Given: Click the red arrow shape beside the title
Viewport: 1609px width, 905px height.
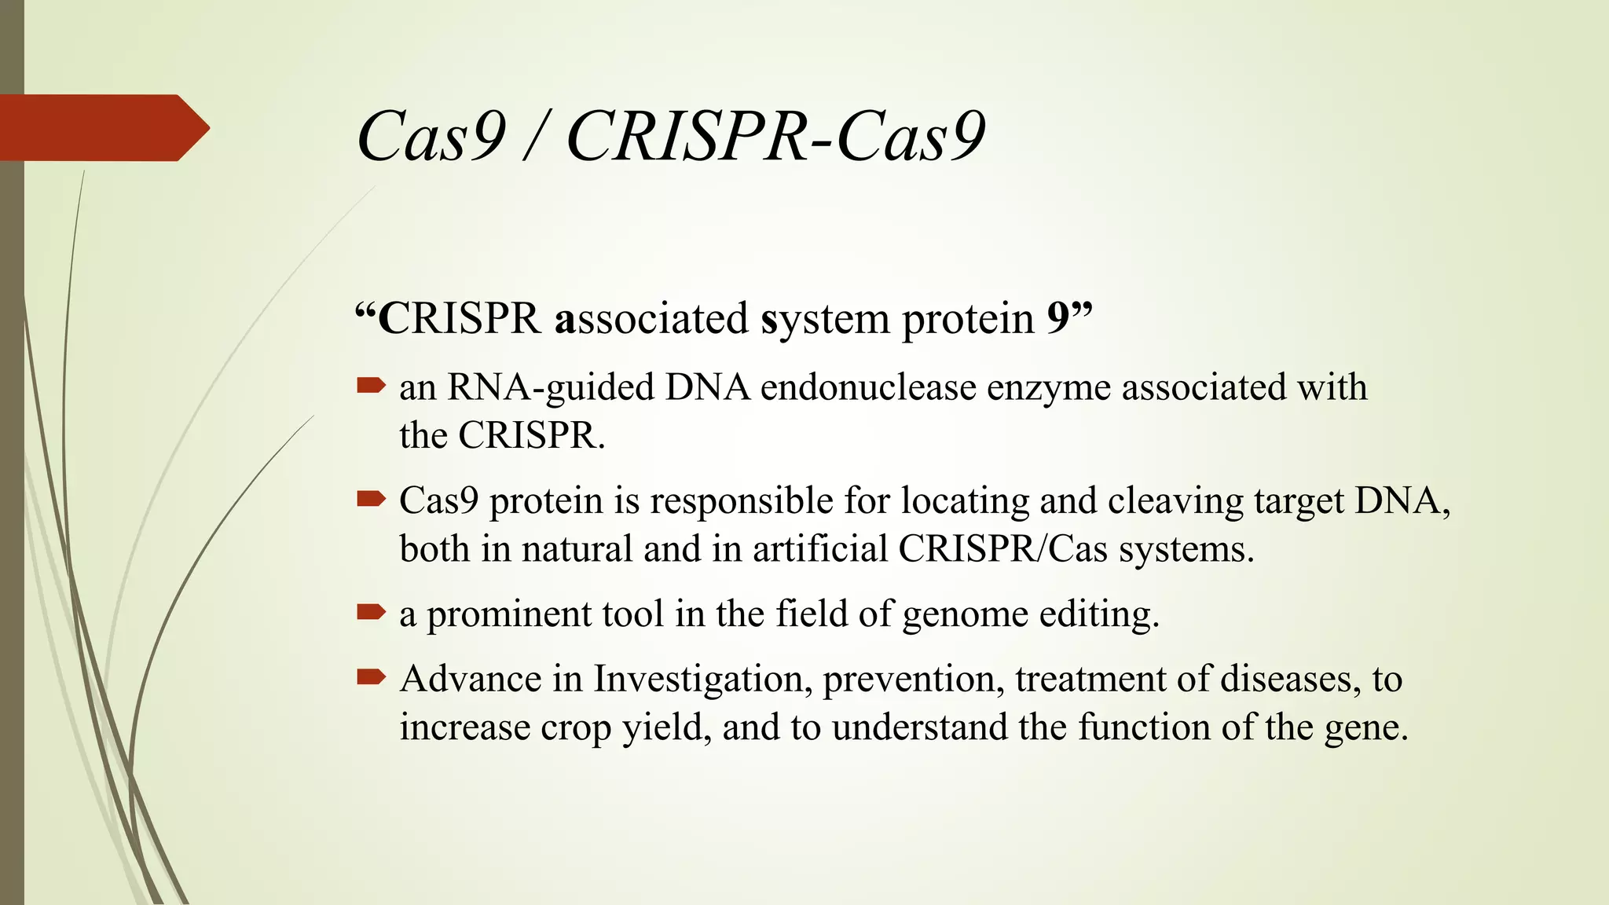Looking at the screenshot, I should [102, 128].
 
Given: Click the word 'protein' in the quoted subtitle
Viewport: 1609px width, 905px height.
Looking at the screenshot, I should [968, 321].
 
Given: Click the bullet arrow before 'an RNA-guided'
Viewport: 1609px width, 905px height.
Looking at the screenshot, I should [371, 385].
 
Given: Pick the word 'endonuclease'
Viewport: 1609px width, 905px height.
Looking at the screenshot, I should [867, 387].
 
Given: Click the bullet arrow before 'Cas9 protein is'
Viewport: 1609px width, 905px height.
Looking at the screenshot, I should [371, 498].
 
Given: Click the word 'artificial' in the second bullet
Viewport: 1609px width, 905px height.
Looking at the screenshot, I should [819, 548].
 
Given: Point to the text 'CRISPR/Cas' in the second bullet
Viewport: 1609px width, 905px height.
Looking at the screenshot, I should [1002, 548].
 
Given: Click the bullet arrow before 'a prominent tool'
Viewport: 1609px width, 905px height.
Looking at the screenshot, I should [371, 611].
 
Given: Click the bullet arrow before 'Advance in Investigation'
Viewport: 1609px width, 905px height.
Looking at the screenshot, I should [371, 676].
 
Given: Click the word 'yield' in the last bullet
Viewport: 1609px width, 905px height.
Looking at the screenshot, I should [666, 728].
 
